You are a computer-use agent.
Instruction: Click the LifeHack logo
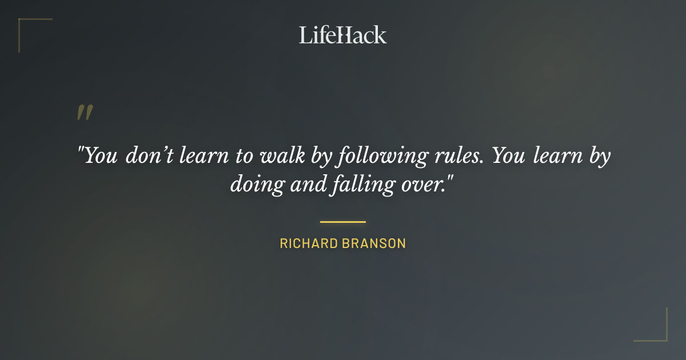342,35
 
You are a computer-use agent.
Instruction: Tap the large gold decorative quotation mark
85,113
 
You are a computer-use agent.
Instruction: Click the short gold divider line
342,222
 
